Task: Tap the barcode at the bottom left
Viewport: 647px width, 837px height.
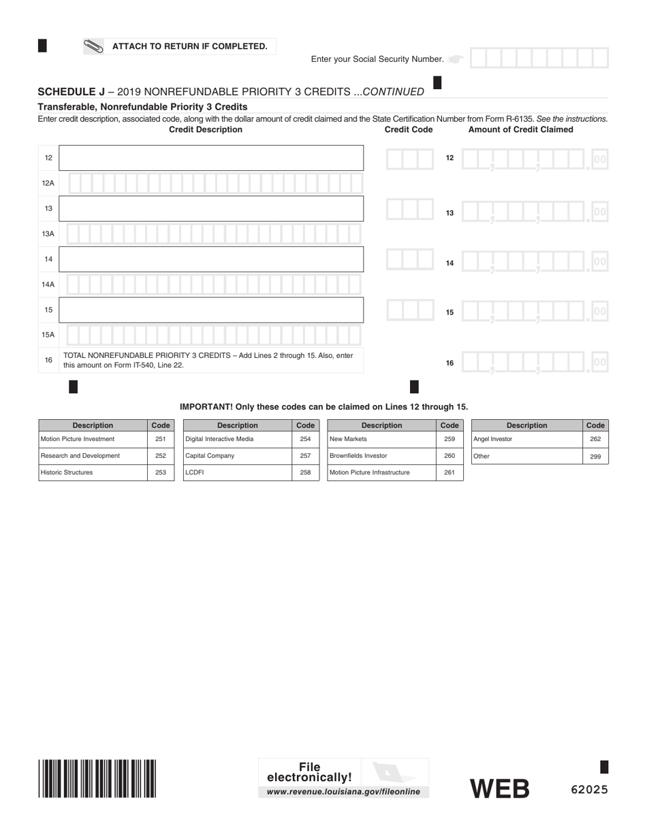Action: [97, 778]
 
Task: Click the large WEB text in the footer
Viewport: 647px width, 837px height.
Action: [500, 789]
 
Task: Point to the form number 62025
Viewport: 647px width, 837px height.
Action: [589, 790]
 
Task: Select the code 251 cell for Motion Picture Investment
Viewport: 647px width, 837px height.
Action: [161, 439]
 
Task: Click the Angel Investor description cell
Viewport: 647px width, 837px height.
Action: [526, 439]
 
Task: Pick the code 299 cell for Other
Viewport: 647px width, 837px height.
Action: [595, 457]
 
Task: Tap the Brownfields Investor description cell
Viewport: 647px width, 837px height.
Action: [381, 456]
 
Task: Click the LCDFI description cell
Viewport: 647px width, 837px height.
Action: [237, 472]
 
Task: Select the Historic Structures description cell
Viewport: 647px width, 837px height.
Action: [93, 472]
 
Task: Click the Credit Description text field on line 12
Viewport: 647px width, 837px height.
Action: [211, 158]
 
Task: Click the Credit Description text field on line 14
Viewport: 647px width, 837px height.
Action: [211, 259]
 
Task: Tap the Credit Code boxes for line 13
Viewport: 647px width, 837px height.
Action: [409, 209]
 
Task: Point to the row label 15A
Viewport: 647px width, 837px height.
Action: [48, 335]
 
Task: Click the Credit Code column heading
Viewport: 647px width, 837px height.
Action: [409, 129]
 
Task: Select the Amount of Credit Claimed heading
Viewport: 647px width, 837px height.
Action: [521, 129]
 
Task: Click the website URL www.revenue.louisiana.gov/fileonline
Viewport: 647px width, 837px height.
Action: [343, 792]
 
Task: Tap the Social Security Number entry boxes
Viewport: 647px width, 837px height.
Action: [539, 59]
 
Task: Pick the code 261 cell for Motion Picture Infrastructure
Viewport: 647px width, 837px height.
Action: [449, 472]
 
